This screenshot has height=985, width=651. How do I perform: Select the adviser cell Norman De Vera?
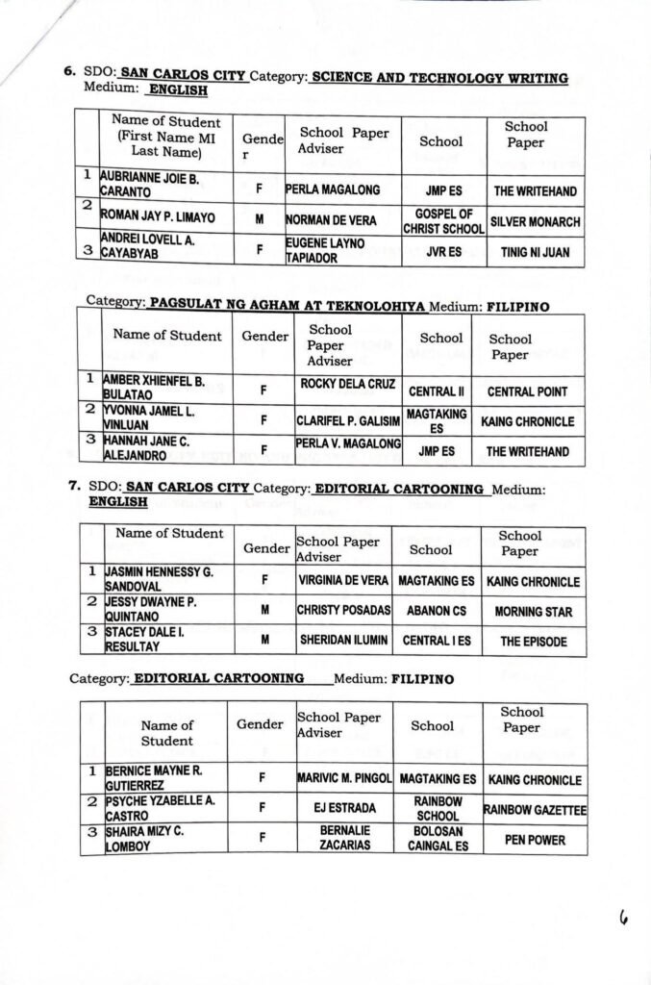click(x=331, y=220)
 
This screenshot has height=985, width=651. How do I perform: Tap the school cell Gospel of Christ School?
click(x=443, y=221)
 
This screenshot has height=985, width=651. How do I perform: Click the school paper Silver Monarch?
click(x=535, y=221)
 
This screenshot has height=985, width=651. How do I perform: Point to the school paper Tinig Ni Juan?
click(x=535, y=252)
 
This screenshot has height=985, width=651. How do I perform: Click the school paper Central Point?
click(x=527, y=391)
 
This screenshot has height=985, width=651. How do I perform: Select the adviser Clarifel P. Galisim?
click(x=348, y=421)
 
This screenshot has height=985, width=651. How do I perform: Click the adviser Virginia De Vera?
click(x=343, y=581)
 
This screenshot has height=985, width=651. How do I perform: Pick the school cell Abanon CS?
click(x=437, y=611)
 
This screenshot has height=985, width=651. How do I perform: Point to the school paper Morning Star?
click(x=533, y=611)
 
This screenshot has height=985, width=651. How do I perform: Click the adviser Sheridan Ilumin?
click(x=343, y=641)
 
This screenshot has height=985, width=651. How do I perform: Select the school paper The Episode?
click(x=533, y=641)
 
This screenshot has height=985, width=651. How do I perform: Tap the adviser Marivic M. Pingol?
click(x=344, y=779)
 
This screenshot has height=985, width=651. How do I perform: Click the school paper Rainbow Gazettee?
click(x=535, y=810)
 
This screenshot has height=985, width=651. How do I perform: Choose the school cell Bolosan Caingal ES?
click(x=438, y=839)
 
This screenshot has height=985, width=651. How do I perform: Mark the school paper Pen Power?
click(x=535, y=840)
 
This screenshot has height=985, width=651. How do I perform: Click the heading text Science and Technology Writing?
click(x=439, y=78)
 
